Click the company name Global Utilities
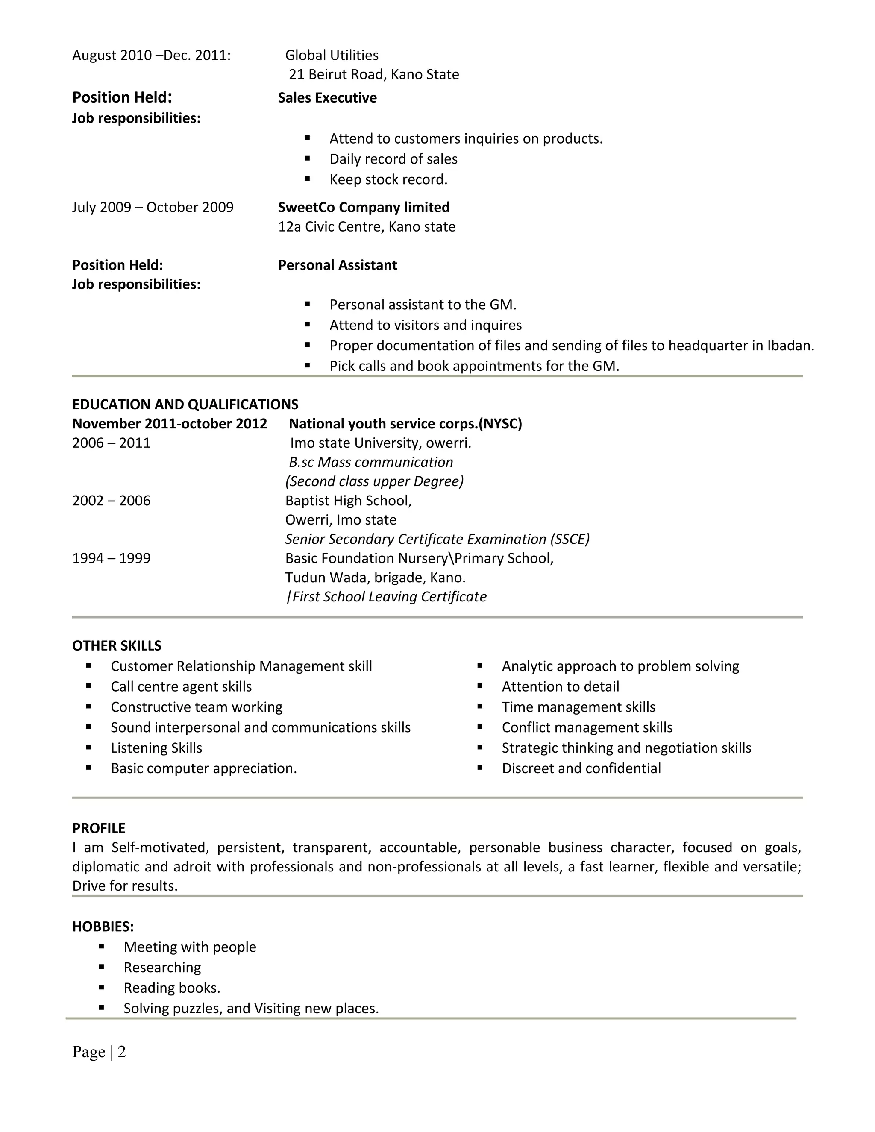pyautogui.click(x=332, y=55)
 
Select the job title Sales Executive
pyautogui.click(x=327, y=97)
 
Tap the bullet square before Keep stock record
pyautogui.click(x=307, y=179)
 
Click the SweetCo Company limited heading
pyautogui.click(x=364, y=207)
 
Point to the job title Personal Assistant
pyautogui.click(x=338, y=265)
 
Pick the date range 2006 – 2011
pyautogui.click(x=111, y=443)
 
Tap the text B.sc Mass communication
pyautogui.click(x=370, y=462)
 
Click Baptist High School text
pyautogui.click(x=348, y=500)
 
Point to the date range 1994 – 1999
pyautogui.click(x=111, y=558)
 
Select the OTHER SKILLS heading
pyautogui.click(x=117, y=646)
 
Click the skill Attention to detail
pyautogui.click(x=561, y=687)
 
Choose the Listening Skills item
pyautogui.click(x=156, y=748)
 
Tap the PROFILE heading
pyautogui.click(x=99, y=828)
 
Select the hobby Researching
pyautogui.click(x=162, y=968)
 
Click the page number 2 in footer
pyautogui.click(x=122, y=1052)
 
